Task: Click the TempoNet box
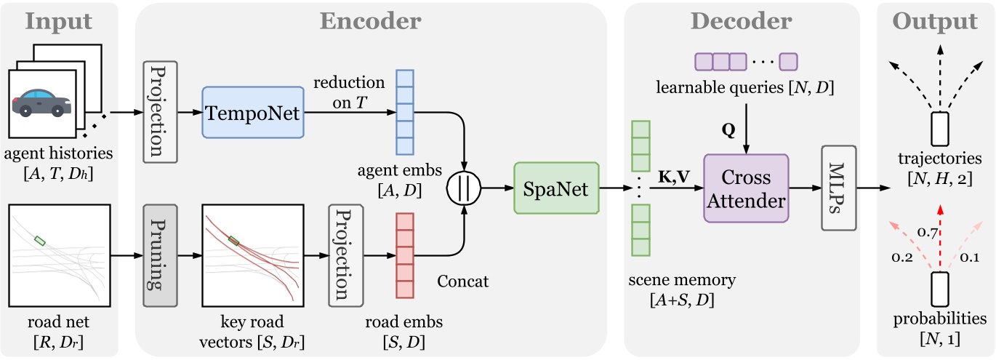tap(253, 113)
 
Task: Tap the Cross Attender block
tap(745, 188)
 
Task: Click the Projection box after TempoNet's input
tap(161, 111)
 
